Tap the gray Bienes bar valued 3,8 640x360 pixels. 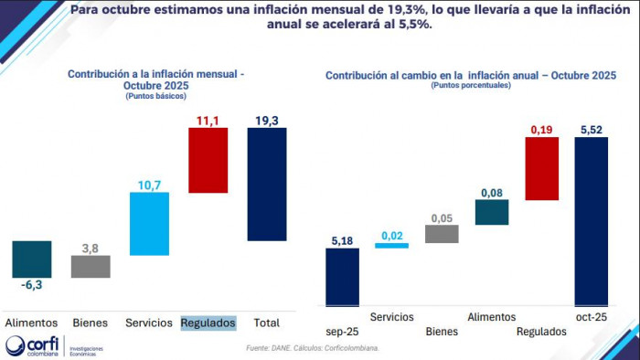pyautogui.click(x=91, y=266)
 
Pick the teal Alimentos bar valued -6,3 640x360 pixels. pyautogui.click(x=32, y=259)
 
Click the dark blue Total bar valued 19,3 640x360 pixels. pyautogui.click(x=267, y=184)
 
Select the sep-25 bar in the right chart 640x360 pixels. pyautogui.click(x=342, y=276)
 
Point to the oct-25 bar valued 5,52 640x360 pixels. pyautogui.click(x=591, y=221)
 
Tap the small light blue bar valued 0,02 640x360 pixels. pyautogui.click(x=392, y=245)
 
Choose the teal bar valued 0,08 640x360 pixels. pyautogui.click(x=492, y=212)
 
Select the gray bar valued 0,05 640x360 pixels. pyautogui.click(x=442, y=234)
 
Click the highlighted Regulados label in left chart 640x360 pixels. pyautogui.click(x=208, y=323)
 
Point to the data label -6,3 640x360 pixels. pyautogui.click(x=32, y=285)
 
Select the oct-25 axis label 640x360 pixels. pyautogui.click(x=591, y=316)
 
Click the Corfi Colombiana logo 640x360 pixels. pyautogui.click(x=37, y=347)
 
